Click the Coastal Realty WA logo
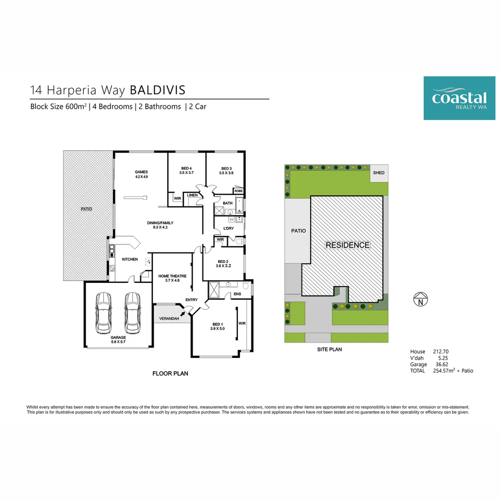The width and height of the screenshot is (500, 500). coord(459,98)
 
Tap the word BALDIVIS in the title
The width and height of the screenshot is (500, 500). coord(157,90)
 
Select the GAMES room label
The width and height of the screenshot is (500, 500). coord(141,172)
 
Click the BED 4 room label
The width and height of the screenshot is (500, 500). coord(187,169)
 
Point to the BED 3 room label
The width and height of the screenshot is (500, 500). coord(226,169)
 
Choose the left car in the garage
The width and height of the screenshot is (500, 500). coord(103,313)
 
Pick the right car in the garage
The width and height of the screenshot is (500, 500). coord(132,313)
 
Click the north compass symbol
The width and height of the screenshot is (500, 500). coord(420,299)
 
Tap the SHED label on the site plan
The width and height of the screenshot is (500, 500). coord(379,173)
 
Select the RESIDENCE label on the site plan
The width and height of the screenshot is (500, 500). coord(348,245)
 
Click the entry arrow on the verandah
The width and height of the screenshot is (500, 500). coord(183,315)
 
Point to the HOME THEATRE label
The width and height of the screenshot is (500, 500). coord(173,276)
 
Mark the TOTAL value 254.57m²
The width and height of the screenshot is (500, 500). coord(444,370)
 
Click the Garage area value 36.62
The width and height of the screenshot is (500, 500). coord(442,364)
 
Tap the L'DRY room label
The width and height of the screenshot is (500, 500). coord(229,228)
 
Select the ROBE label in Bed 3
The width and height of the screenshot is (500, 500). coord(238,191)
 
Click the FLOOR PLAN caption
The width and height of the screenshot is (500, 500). coord(170,374)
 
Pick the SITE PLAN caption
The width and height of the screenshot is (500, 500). coord(330,350)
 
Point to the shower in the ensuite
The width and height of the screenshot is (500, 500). coord(214,289)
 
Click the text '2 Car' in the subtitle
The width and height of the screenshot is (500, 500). coord(198,106)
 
